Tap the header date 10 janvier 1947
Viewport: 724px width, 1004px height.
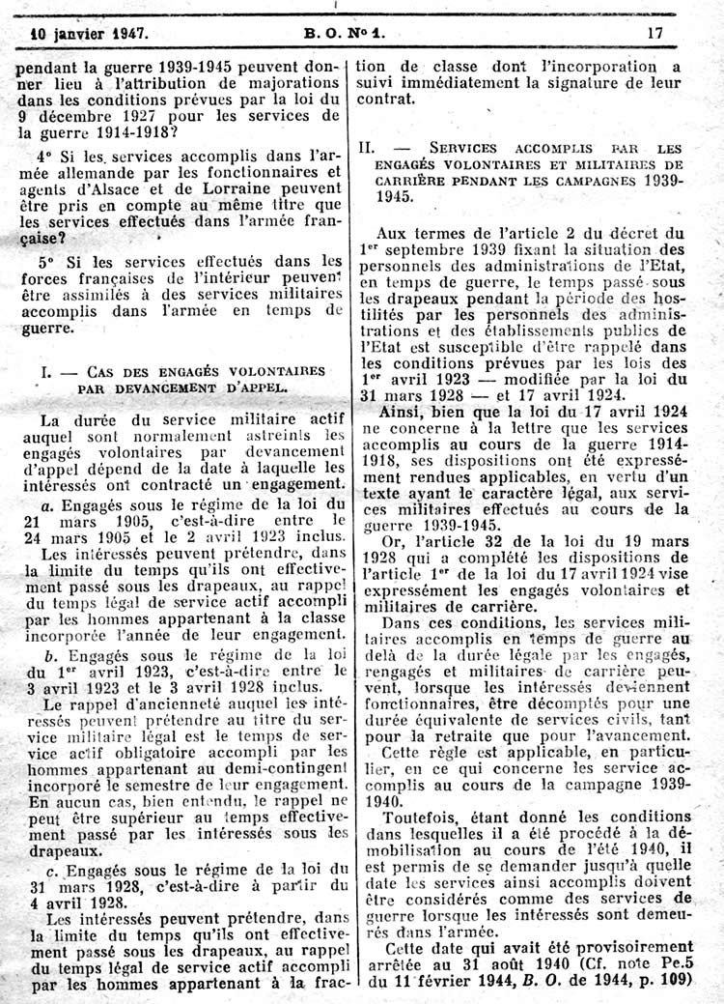coord(89,32)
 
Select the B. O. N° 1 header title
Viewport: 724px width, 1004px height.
coord(344,32)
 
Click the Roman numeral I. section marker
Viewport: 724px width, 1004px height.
coord(43,372)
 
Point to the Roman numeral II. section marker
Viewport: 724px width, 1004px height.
coord(368,149)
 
